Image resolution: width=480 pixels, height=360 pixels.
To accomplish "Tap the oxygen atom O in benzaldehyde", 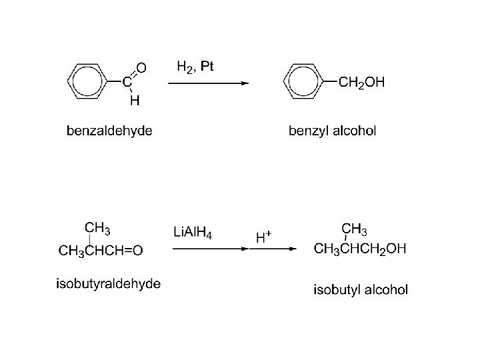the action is pyautogui.click(x=141, y=67).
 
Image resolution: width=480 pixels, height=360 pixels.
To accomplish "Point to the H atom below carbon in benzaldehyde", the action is pyautogui.click(x=135, y=101).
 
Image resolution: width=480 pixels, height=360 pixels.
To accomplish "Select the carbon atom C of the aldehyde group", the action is pyautogui.click(x=126, y=83).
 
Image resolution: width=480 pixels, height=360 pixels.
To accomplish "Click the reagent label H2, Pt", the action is pyautogui.click(x=195, y=67).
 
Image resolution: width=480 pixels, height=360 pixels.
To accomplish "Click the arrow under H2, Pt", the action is pyautogui.click(x=207, y=83).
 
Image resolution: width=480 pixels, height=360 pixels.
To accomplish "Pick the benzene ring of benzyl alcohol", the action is pyautogui.click(x=304, y=83).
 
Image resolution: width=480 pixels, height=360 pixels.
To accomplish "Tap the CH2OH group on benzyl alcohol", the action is pyautogui.click(x=361, y=83).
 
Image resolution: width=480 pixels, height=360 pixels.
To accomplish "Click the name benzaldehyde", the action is pyautogui.click(x=109, y=131).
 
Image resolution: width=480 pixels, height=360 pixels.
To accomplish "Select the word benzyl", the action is pyautogui.click(x=309, y=131).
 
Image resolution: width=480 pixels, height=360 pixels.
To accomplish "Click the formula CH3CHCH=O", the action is pyautogui.click(x=101, y=251).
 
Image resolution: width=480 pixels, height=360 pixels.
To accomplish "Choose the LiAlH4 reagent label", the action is pyautogui.click(x=193, y=233).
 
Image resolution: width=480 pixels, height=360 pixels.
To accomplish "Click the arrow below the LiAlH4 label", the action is pyautogui.click(x=207, y=249).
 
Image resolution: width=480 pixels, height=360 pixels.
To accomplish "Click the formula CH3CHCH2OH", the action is pyautogui.click(x=360, y=249).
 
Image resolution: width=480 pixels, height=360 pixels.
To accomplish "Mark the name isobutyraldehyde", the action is pyautogui.click(x=108, y=284).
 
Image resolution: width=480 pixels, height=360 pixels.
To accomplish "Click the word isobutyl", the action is pyautogui.click(x=337, y=289).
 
